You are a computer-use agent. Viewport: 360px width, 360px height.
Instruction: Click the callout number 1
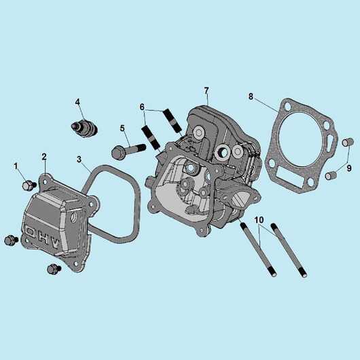pos(16,166)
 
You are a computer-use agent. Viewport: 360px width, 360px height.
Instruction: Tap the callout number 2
pos(44,157)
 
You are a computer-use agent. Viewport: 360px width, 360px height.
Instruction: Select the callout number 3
pos(79,159)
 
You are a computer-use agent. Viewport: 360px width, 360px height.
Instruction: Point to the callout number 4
pos(77,102)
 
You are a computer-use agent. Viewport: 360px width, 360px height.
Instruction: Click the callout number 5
pos(122,128)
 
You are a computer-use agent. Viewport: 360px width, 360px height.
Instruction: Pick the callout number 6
pos(142,107)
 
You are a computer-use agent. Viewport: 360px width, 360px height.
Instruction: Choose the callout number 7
pos(206,91)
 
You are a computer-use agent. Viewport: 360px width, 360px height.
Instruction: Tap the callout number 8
pos(251,96)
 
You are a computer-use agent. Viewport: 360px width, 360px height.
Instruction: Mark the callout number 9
pos(349,168)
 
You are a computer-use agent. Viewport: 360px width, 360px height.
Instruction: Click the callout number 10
pos(259,220)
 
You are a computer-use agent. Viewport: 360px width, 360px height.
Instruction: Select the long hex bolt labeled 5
pos(128,151)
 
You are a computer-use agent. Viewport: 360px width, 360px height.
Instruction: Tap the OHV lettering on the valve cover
pos(43,238)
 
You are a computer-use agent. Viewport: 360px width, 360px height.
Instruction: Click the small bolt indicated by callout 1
pos(29,185)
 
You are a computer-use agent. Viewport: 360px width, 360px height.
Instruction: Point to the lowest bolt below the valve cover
pos(54,268)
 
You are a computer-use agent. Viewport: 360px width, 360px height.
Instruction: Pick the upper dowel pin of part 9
pos(346,142)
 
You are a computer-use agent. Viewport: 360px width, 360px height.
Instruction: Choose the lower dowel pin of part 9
pos(331,175)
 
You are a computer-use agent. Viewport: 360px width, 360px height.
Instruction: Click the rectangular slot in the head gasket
pos(291,177)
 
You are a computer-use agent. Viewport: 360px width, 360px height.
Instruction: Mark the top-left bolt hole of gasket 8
pos(287,106)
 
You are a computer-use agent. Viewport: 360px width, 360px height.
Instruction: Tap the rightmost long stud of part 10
pos(289,250)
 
